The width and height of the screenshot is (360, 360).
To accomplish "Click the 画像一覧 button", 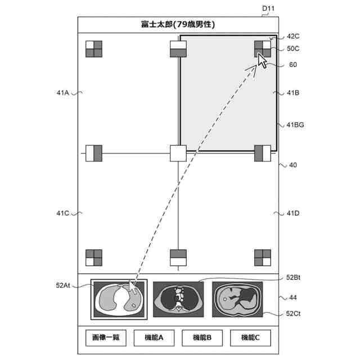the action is click(106, 337).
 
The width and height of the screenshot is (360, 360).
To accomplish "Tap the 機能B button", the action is click(202, 337).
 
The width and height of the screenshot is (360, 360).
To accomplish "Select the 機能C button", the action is click(250, 337).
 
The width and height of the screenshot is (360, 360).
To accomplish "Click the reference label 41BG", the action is click(295, 125).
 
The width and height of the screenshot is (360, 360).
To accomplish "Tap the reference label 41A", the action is click(62, 93).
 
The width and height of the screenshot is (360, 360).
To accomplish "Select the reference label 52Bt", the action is click(294, 277).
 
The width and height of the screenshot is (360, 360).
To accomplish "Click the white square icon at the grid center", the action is click(178, 153).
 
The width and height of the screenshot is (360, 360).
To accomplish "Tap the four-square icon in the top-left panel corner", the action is click(93, 49).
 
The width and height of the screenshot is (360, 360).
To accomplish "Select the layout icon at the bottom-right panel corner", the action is click(263, 258).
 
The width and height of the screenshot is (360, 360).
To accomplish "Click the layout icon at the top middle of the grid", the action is click(178, 49).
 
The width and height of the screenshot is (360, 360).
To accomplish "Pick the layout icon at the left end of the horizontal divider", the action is click(93, 153).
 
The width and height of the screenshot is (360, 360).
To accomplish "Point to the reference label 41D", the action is click(293, 213).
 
